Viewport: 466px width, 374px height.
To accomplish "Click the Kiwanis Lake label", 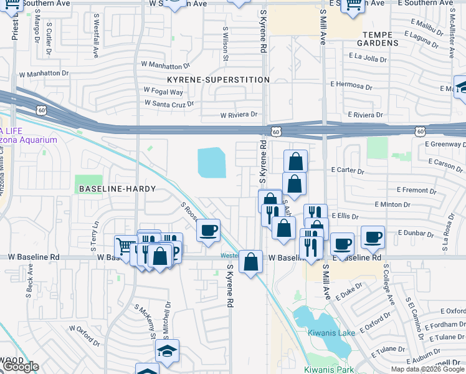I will point(331,333).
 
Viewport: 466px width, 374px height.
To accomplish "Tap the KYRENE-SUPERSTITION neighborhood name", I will point(218,80).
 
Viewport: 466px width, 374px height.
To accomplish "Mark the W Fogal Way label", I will point(163,92).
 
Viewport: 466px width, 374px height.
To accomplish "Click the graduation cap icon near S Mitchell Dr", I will point(166,352).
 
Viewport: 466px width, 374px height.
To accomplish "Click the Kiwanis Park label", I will point(328,370).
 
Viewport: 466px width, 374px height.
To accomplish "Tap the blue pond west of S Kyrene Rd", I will point(212,163).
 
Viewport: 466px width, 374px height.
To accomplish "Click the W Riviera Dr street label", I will point(239,115).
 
